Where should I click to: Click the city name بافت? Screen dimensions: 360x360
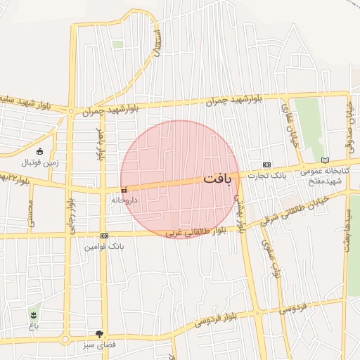click(x=217, y=179)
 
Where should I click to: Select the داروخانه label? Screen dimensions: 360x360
click(x=124, y=200)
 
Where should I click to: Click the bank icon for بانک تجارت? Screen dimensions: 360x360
click(x=266, y=164)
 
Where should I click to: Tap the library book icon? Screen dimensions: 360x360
click(x=324, y=160)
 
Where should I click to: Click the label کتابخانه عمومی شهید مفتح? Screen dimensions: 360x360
click(x=324, y=176)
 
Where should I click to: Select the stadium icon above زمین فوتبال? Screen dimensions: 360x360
click(x=39, y=152)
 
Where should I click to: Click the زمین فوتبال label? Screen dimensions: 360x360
click(x=39, y=162)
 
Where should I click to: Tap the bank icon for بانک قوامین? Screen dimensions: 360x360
click(x=104, y=236)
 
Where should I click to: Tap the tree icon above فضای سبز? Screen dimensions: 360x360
click(x=98, y=335)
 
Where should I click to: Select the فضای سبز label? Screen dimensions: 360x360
click(x=98, y=346)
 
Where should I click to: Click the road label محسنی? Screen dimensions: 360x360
click(x=30, y=215)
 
